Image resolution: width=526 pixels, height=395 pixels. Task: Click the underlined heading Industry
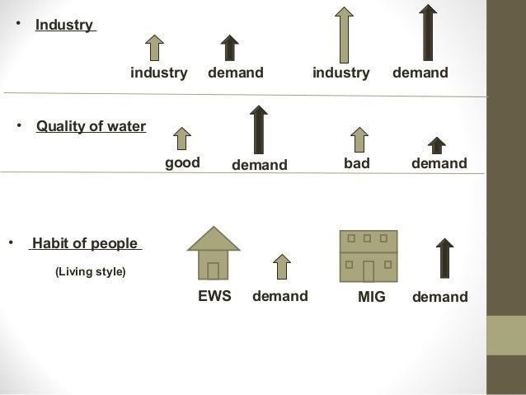tap(64, 25)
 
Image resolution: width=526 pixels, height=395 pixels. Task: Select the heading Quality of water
tap(91, 126)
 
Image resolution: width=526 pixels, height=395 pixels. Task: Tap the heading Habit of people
tap(86, 243)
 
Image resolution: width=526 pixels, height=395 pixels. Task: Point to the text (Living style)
tap(90, 270)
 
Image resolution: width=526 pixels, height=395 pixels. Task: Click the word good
tap(182, 163)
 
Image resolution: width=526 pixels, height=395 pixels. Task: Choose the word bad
tap(357, 163)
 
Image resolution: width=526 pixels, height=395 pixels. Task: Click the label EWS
tap(214, 296)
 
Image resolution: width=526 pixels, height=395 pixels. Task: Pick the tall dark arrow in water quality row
tap(260, 129)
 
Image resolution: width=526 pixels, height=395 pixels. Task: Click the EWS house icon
tap(214, 253)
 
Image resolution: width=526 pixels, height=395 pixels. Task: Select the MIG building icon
tap(369, 256)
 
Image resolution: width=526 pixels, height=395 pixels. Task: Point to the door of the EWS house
tap(214, 270)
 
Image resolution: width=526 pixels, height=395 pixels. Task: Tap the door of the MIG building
tap(369, 271)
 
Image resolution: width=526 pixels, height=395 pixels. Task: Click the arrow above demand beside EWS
tap(281, 268)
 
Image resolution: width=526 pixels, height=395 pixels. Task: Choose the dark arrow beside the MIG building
tap(444, 258)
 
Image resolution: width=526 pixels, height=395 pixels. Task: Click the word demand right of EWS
tap(280, 296)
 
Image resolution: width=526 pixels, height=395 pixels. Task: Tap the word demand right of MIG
tap(439, 296)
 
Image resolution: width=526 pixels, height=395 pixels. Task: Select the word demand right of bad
tap(439, 163)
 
